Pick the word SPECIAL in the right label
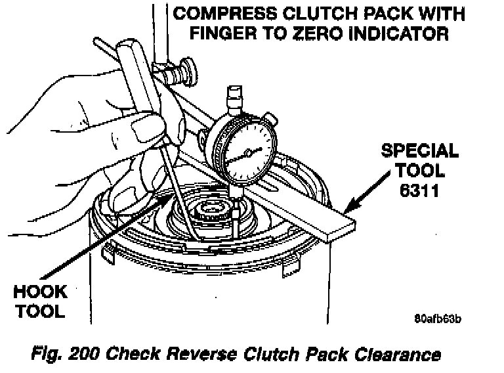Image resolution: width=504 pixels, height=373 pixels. (420, 150)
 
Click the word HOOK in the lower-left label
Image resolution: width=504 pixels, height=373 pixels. (40, 291)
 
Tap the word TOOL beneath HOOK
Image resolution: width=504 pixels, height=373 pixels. (40, 311)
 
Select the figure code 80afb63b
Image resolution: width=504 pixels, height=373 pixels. (438, 319)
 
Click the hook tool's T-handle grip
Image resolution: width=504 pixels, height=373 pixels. (138, 66)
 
